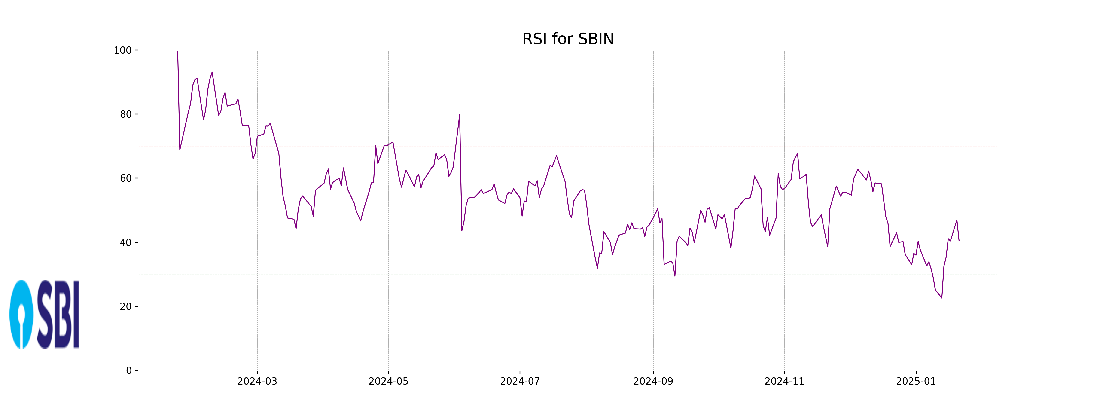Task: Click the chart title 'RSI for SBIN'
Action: pos(568,39)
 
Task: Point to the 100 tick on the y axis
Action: pos(123,50)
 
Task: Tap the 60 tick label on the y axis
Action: pos(126,178)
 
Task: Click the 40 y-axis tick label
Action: pos(126,242)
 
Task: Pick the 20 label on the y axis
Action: pos(126,307)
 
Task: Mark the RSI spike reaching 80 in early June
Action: pos(459,115)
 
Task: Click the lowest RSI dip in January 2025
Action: pos(941,298)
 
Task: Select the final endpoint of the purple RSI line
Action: pos(959,240)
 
